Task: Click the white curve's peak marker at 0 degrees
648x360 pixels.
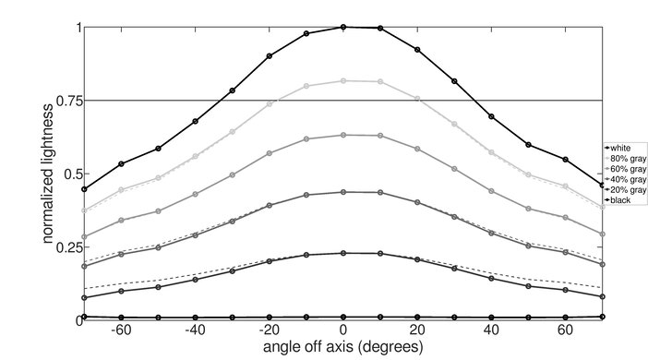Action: coord(343,27)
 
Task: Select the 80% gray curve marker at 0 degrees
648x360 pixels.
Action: coord(343,81)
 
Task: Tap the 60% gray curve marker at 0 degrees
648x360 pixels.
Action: coord(343,135)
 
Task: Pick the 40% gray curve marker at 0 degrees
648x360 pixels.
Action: coord(343,192)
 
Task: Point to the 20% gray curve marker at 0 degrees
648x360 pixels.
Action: coord(343,253)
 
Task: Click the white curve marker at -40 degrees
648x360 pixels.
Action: coord(195,121)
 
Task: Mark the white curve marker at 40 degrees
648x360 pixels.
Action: coord(492,117)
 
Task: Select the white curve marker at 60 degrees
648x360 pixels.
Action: coord(566,160)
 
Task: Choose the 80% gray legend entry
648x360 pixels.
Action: coord(624,157)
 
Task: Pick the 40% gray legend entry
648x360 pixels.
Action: coord(624,178)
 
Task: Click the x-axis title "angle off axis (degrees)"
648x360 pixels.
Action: coord(342,349)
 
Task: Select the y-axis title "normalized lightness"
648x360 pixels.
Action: coord(46,173)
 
